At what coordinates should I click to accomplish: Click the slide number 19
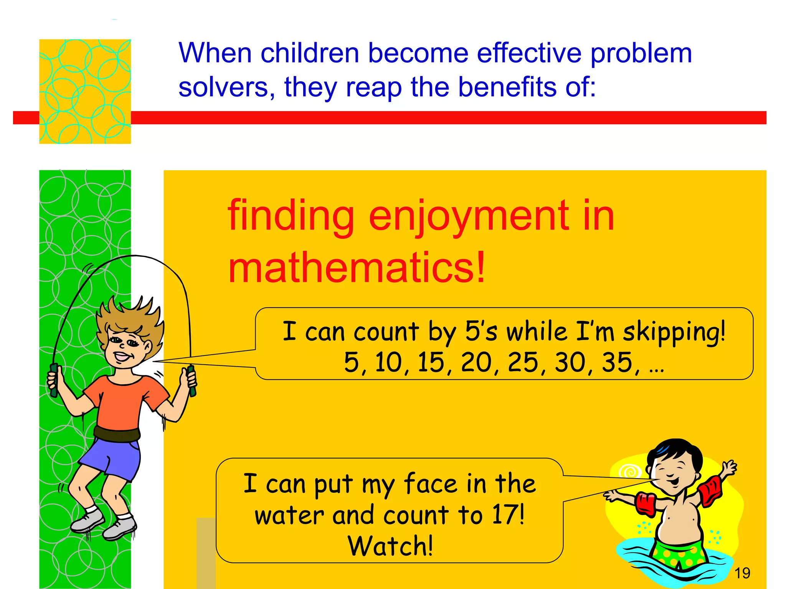[x=742, y=573]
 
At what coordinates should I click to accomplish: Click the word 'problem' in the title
[x=641, y=54]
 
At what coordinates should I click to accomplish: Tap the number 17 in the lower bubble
[x=505, y=515]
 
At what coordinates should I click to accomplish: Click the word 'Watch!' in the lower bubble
[x=390, y=546]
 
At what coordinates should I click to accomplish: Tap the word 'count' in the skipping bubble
[x=386, y=332]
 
